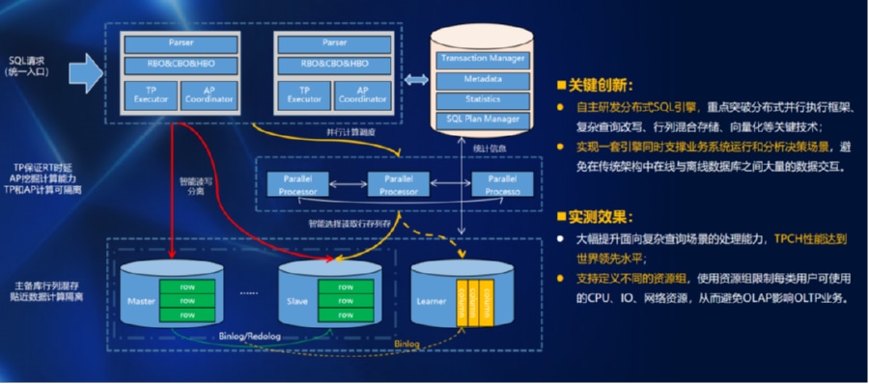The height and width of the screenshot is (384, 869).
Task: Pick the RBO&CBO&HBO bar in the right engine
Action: coord(333,64)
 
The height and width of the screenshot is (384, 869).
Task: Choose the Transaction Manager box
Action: coord(482,59)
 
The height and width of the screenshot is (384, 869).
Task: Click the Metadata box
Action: coord(482,79)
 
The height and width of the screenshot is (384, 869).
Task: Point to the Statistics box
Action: coord(482,99)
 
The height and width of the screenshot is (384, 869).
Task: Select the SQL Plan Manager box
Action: coord(482,120)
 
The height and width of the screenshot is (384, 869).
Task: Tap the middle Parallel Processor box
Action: coord(398,185)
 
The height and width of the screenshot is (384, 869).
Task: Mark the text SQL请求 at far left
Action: coord(27,60)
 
